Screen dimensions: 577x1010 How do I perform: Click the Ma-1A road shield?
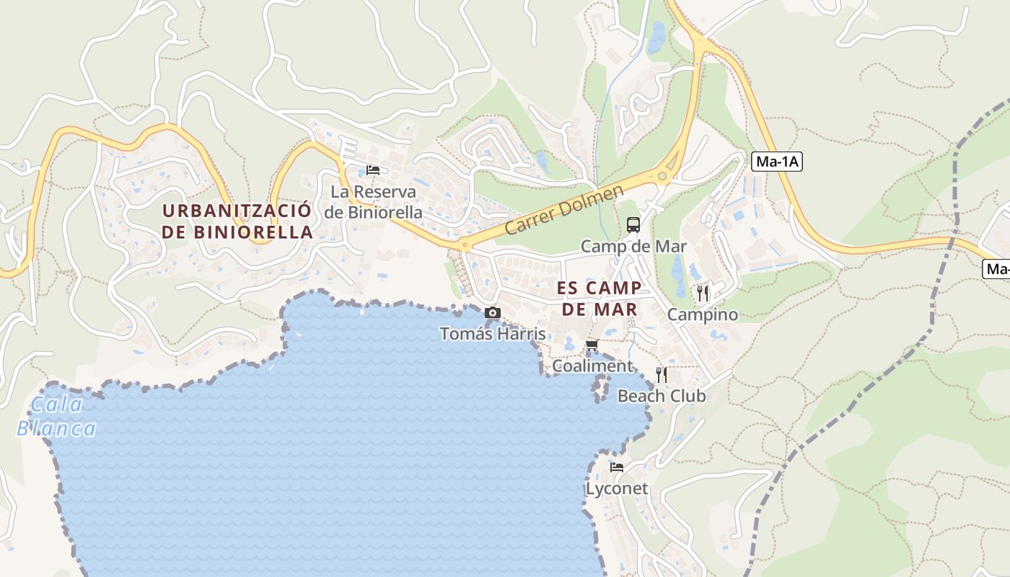pyautogui.click(x=776, y=162)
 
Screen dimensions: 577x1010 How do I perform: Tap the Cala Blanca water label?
pyautogui.click(x=56, y=417)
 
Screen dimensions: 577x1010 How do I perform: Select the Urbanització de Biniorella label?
pyautogui.click(x=237, y=221)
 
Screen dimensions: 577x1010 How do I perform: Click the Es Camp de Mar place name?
pyautogui.click(x=599, y=299)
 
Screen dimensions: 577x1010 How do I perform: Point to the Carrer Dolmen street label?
pyautogui.click(x=563, y=210)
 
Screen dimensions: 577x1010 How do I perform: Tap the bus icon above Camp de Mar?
pyautogui.click(x=633, y=225)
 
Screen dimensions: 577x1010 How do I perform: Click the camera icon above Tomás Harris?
pyautogui.click(x=493, y=312)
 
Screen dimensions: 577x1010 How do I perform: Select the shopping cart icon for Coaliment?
pyautogui.click(x=592, y=345)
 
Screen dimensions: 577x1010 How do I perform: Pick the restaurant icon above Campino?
pyautogui.click(x=703, y=293)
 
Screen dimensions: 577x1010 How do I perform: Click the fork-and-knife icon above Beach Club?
pyautogui.click(x=661, y=374)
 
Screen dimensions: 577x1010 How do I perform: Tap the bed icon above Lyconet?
pyautogui.click(x=616, y=467)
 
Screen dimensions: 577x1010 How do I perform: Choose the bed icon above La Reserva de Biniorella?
pyautogui.click(x=372, y=170)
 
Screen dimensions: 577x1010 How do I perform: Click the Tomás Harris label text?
pyautogui.click(x=493, y=334)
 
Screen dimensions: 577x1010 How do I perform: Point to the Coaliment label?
pyautogui.click(x=592, y=366)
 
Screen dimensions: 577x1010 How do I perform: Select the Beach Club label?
pyautogui.click(x=662, y=396)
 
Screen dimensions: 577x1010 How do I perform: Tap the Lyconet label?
pyautogui.click(x=617, y=489)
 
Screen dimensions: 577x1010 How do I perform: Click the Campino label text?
pyautogui.click(x=703, y=314)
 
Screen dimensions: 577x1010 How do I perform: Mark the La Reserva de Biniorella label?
pyautogui.click(x=373, y=202)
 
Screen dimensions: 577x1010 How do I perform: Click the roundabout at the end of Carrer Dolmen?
pyautogui.click(x=661, y=175)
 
